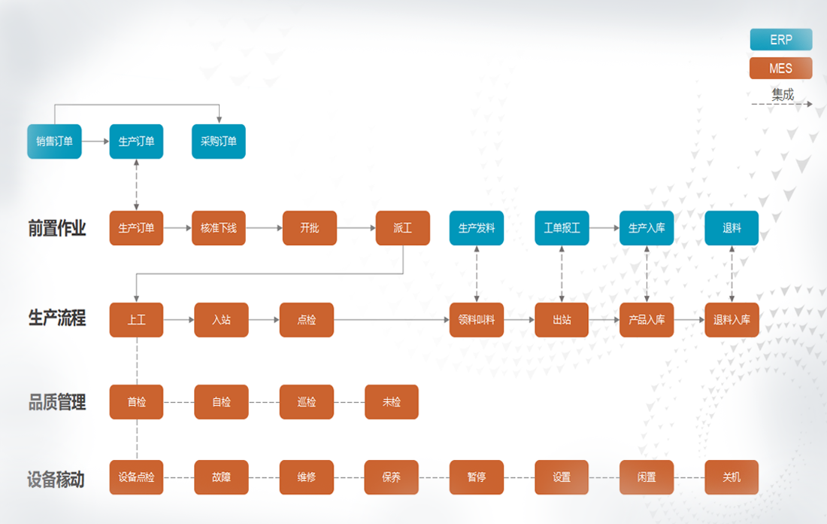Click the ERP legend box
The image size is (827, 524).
coord(780,39)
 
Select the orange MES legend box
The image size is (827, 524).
coord(780,69)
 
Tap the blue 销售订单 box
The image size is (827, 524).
coord(54,141)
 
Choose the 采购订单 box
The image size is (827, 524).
coord(219,141)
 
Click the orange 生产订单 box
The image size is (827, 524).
coord(136,227)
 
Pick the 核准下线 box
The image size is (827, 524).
coord(219,227)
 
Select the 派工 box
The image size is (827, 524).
coord(403,227)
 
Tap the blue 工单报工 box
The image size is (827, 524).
coord(562,227)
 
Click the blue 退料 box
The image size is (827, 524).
coord(732,227)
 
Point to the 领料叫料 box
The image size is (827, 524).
coord(477,319)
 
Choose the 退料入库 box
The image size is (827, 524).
coord(732,319)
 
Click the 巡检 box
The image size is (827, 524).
coord(307,402)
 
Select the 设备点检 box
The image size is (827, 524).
coord(136,477)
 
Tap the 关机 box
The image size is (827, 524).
coord(732,477)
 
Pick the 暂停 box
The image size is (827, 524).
coord(477,477)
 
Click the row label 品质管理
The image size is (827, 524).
coord(57,403)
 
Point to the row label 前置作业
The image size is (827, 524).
coord(57,228)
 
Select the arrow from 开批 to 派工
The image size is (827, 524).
coord(356,227)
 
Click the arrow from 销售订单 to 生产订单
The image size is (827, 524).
coord(95,141)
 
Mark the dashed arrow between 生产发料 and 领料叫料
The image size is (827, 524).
coord(477,274)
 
